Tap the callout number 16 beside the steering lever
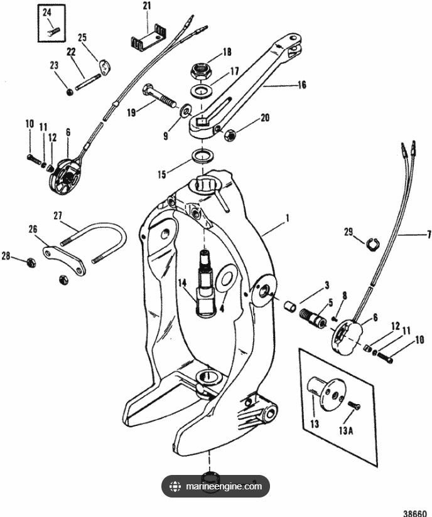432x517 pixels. click(x=302, y=83)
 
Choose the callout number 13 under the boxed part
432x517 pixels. click(x=315, y=424)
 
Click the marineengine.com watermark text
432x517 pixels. click(x=224, y=486)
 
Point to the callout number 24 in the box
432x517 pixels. click(x=47, y=13)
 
